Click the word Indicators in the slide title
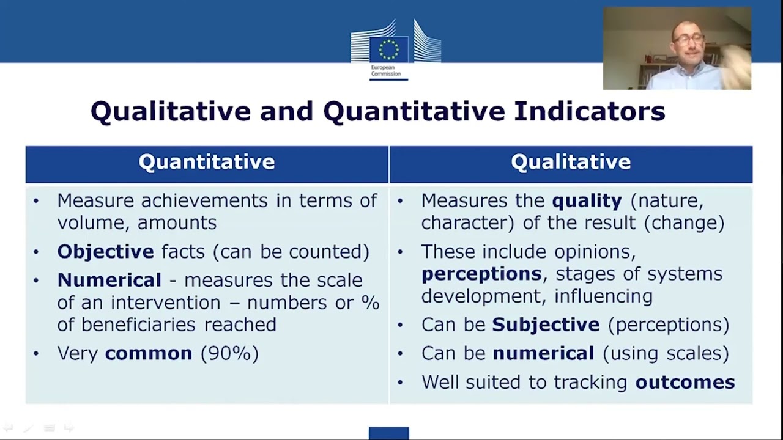coord(589,111)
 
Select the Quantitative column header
coord(207,162)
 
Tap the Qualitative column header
coord(571,162)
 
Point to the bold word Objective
coord(105,251)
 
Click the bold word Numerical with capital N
coord(109,280)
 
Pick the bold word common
coord(149,353)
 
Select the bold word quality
coord(587,200)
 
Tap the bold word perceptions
coord(481,274)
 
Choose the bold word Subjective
coord(546,324)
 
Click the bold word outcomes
coord(685,382)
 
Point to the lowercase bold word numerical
coord(543,353)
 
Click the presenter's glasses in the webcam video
coord(688,38)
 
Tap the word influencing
coord(603,296)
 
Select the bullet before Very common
coord(36,353)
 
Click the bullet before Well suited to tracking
coord(401,382)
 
